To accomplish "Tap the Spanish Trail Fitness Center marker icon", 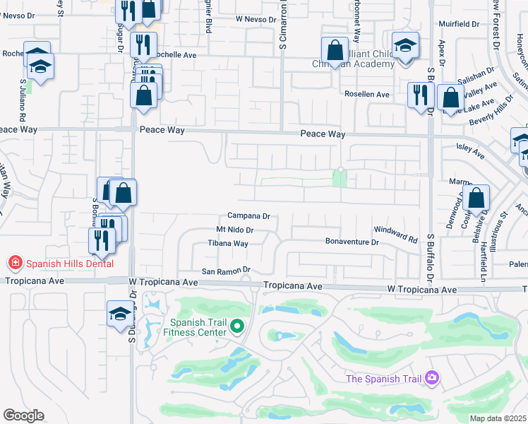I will [238, 326].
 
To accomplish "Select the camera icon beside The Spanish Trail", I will [433, 379].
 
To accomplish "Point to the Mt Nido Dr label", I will [234, 230].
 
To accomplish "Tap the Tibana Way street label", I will [227, 243].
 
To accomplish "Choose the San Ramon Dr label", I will [227, 270].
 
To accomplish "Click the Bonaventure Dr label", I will [352, 242].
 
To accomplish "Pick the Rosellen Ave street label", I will [366, 94].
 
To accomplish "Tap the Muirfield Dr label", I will [459, 24].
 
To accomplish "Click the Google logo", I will [23, 416].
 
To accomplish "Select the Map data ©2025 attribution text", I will [498, 418].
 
